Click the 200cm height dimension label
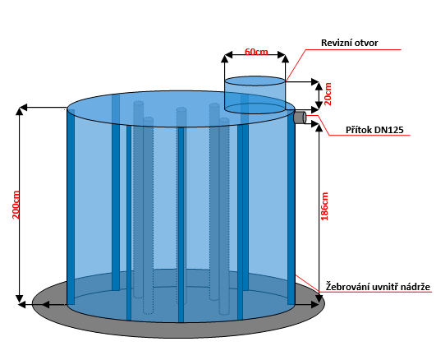point(16,205)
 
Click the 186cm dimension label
point(324,206)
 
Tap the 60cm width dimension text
point(256,52)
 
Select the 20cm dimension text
point(328,94)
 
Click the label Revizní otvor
point(350,43)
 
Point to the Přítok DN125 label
point(374,130)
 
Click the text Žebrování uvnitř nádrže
point(379,287)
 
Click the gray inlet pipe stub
point(300,118)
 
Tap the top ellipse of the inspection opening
point(255,81)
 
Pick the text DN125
point(389,130)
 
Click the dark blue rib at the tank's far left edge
point(71,206)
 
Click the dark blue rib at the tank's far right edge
point(291,206)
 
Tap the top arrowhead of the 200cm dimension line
point(19,111)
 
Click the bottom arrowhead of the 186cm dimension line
point(319,299)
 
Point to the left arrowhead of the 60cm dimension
point(227,55)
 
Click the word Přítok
point(359,130)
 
